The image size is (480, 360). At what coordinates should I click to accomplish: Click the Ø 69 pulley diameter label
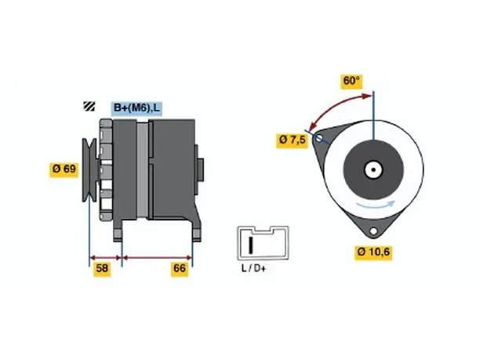[64, 169]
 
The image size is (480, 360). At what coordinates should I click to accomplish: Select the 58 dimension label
[102, 268]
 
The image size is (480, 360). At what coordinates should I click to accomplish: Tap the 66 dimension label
[180, 268]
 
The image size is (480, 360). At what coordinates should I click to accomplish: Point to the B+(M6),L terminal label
[136, 107]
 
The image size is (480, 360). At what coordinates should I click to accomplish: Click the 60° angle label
[351, 81]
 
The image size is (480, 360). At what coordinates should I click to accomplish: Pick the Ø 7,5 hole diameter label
[292, 140]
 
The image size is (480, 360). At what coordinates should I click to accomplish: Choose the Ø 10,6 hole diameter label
[373, 252]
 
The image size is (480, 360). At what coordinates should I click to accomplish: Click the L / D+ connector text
[254, 268]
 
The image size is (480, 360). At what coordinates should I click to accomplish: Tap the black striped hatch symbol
[89, 106]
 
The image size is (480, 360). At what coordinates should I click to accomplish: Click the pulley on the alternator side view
[89, 170]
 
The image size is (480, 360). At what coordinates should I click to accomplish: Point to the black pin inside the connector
[251, 245]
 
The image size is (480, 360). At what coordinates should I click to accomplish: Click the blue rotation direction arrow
[376, 205]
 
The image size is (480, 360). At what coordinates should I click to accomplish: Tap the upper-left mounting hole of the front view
[319, 138]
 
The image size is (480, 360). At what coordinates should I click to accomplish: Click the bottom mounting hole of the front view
[373, 231]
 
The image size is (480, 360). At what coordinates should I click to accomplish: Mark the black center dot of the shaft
[373, 170]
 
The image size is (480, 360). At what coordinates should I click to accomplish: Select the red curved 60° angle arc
[333, 106]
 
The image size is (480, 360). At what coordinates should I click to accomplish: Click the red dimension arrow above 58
[105, 257]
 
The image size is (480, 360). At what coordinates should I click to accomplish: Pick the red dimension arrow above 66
[157, 258]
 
